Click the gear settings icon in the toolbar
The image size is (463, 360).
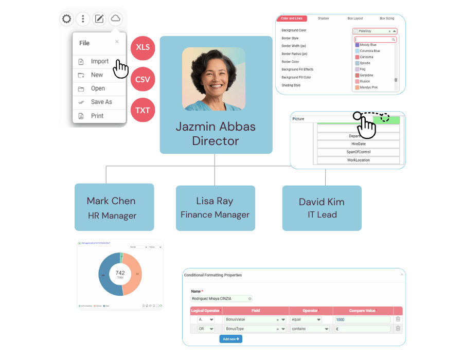66,20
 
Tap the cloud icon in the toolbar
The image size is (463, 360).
116,20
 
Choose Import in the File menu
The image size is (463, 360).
99,62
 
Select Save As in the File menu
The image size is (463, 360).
101,102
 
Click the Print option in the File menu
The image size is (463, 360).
97,116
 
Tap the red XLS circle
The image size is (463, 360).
143,48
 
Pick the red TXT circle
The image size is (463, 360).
143,110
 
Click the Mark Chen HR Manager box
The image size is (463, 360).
114,207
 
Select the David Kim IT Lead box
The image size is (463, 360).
322,208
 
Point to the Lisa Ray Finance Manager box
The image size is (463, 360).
215,207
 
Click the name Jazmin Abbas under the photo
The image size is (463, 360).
216,127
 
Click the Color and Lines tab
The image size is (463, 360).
291,19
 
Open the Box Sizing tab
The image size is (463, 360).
387,19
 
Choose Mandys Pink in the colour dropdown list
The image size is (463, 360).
369,87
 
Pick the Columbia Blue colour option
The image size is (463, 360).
370,51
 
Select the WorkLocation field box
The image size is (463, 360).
358,160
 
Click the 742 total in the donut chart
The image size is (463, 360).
120,273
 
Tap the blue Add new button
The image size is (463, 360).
230,339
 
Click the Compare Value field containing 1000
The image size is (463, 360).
362,319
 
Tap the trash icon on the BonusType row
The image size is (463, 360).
398,329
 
